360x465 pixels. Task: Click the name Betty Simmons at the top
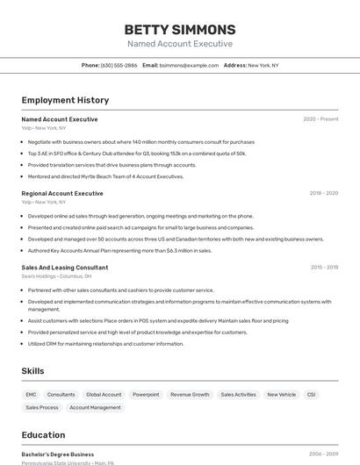(180, 29)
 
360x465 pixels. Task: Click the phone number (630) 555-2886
(119, 65)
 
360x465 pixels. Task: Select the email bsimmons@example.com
(189, 65)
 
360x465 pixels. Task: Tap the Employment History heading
(65, 100)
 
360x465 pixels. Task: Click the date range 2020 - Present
(320, 119)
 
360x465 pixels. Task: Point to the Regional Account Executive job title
(62, 193)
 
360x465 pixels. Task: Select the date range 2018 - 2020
(323, 193)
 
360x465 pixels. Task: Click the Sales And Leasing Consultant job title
(65, 267)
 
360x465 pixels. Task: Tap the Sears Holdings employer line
(56, 276)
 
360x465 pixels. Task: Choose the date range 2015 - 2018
(323, 267)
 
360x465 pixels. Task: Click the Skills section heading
(32, 371)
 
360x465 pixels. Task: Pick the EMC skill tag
(32, 395)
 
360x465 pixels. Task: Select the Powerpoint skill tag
(146, 395)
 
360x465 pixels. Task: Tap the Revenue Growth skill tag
(190, 395)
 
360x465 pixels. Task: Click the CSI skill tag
(311, 395)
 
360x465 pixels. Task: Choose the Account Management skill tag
(95, 408)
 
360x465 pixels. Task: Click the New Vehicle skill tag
(281, 395)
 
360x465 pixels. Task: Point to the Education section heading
(43, 435)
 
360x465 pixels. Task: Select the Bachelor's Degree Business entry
(58, 454)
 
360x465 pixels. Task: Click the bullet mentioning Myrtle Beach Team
(105, 176)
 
